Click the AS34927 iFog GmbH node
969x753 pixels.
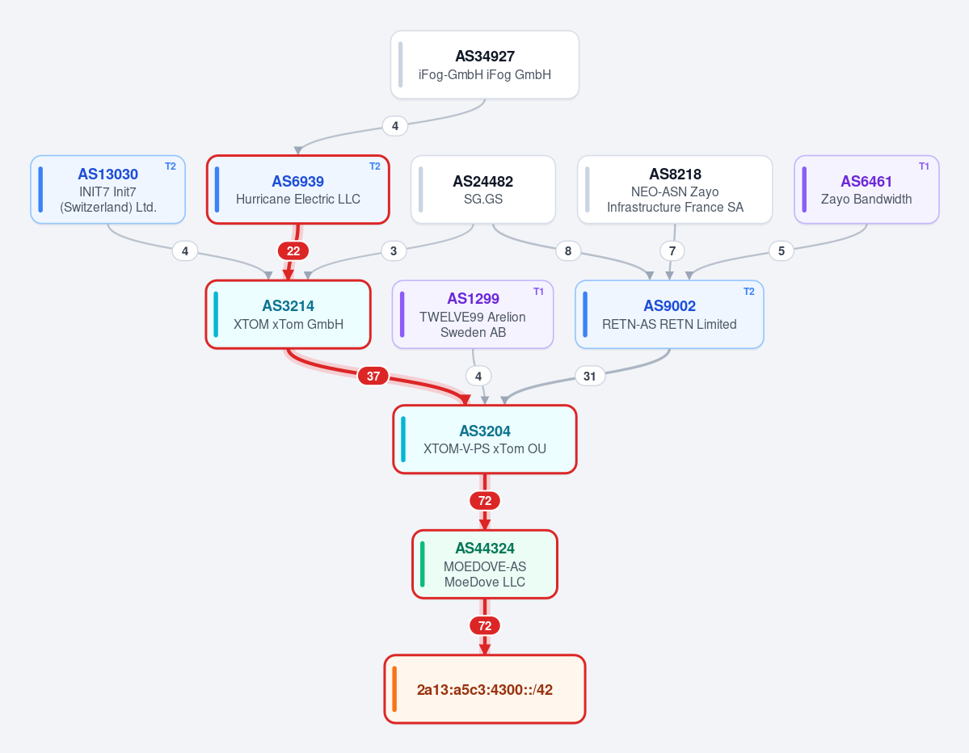tap(485, 65)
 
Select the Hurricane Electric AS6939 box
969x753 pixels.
tap(298, 190)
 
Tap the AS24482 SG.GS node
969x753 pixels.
tap(483, 190)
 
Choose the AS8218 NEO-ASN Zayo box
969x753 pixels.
tap(675, 190)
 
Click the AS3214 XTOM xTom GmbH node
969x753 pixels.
tap(288, 314)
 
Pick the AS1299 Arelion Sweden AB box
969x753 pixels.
tap(473, 314)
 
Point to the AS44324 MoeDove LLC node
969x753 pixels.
tap(485, 564)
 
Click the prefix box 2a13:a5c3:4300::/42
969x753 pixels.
tap(485, 689)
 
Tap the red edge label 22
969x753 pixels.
tap(293, 250)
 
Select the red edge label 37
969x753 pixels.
tap(373, 376)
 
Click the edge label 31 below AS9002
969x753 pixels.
tap(589, 376)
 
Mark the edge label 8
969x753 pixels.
tap(568, 250)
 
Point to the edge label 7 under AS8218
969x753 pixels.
tap(672, 250)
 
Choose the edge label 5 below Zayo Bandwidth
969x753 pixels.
tap(782, 250)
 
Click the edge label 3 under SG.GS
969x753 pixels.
tap(394, 250)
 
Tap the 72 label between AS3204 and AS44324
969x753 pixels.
tap(485, 500)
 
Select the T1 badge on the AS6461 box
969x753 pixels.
tap(924, 166)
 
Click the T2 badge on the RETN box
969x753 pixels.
tap(748, 292)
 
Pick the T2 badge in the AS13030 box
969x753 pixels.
tap(170, 166)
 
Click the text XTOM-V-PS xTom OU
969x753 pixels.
tap(485, 449)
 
